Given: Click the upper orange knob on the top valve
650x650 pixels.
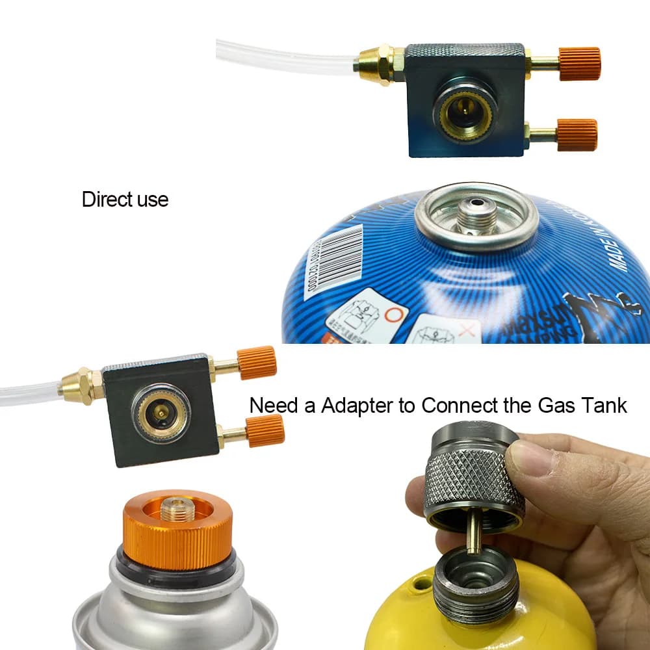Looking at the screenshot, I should (x=579, y=64).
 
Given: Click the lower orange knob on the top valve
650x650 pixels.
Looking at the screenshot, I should (x=577, y=135).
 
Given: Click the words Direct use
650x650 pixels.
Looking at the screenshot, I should (x=125, y=200).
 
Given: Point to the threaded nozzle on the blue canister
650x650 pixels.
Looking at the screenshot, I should (x=476, y=216).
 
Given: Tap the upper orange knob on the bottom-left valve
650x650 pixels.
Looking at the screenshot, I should (x=257, y=363).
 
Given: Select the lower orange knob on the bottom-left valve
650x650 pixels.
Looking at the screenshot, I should (x=265, y=430).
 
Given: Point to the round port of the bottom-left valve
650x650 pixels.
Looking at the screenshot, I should (x=161, y=413).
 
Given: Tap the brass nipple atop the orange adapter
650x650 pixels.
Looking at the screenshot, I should (x=177, y=508).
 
